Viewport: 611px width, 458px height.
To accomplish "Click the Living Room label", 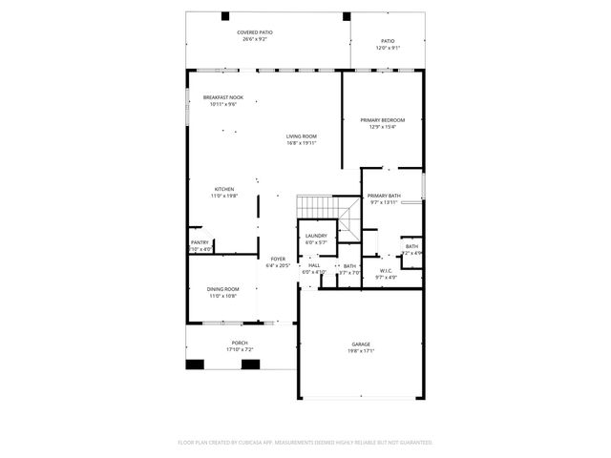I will [x=301, y=136].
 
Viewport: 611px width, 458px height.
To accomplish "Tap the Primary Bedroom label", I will [x=382, y=120].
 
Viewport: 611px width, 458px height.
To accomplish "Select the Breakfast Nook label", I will [x=222, y=97].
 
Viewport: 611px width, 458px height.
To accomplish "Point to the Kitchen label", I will [x=223, y=189].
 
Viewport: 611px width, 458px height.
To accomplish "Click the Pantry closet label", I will [x=200, y=242].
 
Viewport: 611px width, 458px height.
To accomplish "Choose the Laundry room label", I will [x=316, y=236].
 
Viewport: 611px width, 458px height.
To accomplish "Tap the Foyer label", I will [x=278, y=259].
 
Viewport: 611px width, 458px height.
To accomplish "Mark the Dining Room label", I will [x=223, y=289].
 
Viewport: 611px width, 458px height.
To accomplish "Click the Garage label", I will [x=361, y=343].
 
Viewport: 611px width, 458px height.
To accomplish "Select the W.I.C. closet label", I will [x=385, y=271].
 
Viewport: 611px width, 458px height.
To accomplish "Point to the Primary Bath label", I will [x=384, y=196].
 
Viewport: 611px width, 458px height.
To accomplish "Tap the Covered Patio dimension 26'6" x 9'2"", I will [x=254, y=39].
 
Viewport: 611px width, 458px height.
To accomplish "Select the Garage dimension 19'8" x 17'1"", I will [x=361, y=350].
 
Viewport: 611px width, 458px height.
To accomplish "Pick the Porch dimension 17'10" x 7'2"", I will [x=239, y=349].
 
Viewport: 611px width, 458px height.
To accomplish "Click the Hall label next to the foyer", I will [x=314, y=265].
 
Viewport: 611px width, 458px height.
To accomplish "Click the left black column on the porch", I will [x=195, y=364].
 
